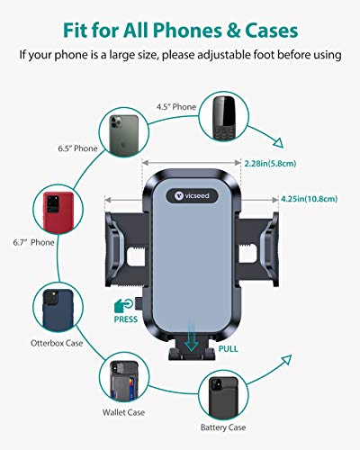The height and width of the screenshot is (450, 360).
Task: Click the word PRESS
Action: [x=127, y=319]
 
